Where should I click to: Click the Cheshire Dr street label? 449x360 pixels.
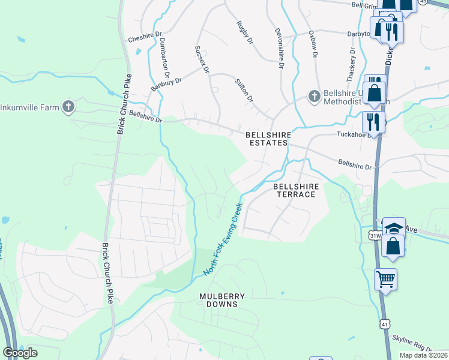[x=145, y=37]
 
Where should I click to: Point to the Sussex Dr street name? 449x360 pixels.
[x=202, y=59]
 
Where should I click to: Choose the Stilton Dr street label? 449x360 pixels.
[x=244, y=89]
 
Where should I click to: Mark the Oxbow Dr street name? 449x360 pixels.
[x=313, y=44]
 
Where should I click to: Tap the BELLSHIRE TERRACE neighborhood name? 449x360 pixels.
[x=295, y=191]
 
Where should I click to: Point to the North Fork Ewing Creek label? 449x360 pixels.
[x=222, y=239]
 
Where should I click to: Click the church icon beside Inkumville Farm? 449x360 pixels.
[x=68, y=107]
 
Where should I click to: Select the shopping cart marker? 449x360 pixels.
[x=385, y=278]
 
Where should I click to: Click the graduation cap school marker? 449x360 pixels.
[x=394, y=228]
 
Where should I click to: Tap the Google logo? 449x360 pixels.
[x=20, y=352]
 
